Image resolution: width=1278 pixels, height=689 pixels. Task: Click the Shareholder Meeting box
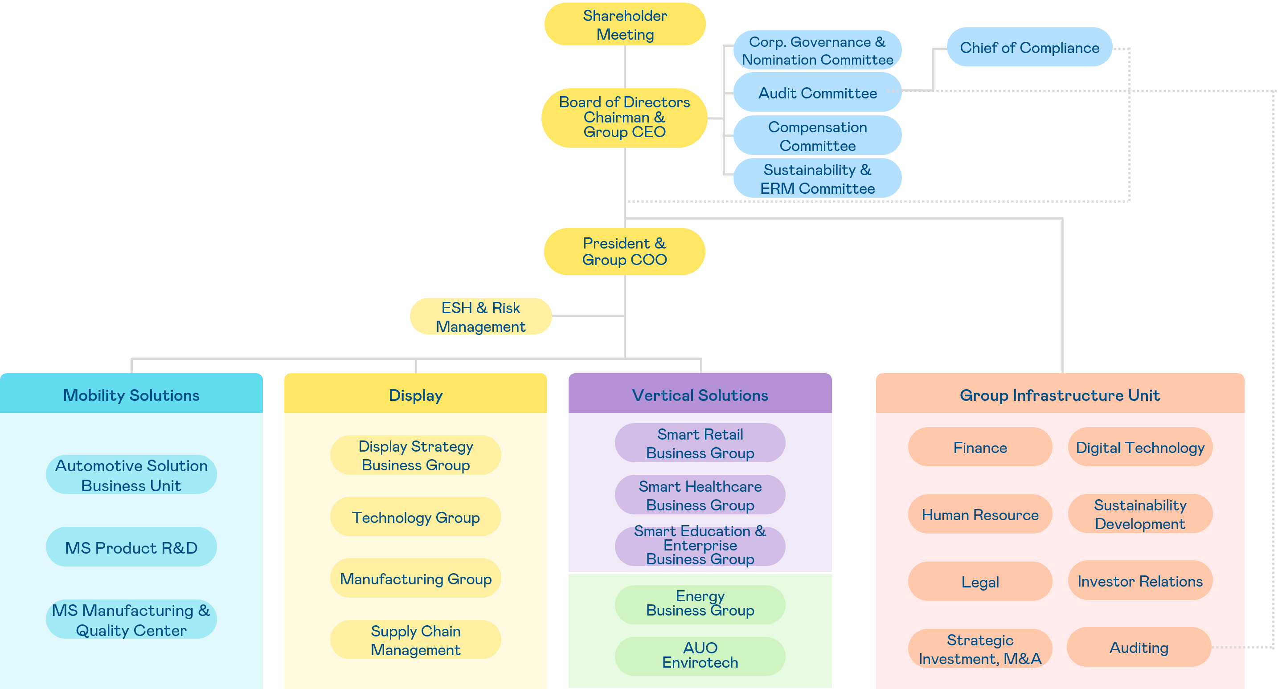pos(625,25)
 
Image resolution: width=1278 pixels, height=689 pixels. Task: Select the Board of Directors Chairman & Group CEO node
pos(624,118)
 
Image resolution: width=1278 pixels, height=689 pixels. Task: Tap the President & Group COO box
pos(624,252)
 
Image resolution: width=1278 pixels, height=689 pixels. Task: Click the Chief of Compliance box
pos(1029,48)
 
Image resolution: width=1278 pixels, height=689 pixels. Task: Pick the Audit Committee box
pos(817,93)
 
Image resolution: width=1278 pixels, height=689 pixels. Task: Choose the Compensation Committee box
pos(817,136)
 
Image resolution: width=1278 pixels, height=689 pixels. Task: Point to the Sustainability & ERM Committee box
pos(817,179)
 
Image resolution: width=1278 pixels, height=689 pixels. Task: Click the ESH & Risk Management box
pos(480,317)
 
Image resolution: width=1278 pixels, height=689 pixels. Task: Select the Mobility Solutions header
pos(131,395)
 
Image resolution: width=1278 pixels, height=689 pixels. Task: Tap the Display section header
pos(415,395)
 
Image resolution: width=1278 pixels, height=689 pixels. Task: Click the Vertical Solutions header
pos(700,395)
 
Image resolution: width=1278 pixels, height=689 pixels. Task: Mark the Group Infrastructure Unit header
pos(1060,395)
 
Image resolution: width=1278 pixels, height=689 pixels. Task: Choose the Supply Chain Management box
pos(415,640)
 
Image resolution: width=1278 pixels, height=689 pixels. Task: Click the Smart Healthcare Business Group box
pos(700,495)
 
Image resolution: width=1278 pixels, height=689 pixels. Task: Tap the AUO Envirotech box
pos(700,655)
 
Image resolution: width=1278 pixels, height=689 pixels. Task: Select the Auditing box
pos(1139,647)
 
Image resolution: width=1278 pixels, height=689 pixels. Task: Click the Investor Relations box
pos(1139,581)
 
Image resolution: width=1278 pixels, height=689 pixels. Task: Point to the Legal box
pos(980,581)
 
